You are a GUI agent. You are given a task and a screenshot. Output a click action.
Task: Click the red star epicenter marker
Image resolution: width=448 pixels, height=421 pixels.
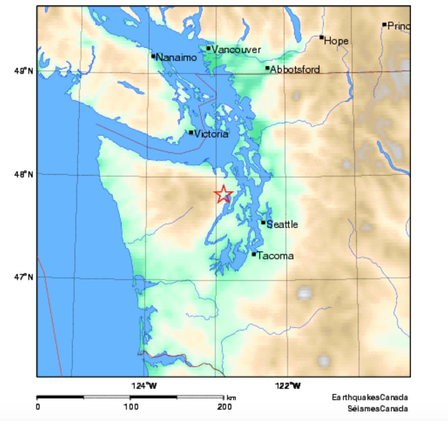tap(224, 194)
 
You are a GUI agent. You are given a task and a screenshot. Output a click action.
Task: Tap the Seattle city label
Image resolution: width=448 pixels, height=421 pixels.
tap(282, 224)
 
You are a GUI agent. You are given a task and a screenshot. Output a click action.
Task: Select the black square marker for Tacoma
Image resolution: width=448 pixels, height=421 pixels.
tap(254, 254)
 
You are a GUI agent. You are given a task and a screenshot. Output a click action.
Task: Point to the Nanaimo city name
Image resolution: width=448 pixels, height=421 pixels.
tap(176, 57)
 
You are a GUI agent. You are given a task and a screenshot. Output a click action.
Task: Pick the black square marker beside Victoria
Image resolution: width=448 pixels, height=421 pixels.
tap(191, 132)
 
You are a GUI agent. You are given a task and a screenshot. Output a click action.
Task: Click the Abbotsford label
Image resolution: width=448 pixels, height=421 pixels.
tap(295, 69)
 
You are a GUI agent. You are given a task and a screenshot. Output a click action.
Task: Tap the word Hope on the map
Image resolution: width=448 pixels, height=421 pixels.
tap(336, 41)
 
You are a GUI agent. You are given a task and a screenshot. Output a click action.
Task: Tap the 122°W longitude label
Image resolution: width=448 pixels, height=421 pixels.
tap(289, 385)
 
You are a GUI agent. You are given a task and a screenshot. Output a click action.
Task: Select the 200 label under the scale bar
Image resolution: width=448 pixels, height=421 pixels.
tap(224, 407)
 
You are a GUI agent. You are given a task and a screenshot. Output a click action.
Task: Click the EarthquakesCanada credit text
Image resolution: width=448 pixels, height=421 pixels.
tap(370, 398)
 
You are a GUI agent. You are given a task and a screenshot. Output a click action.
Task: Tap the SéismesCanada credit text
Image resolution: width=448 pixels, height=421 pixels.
tap(378, 408)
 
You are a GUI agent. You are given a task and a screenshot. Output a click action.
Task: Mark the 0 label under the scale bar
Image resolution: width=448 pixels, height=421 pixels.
tap(38, 407)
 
